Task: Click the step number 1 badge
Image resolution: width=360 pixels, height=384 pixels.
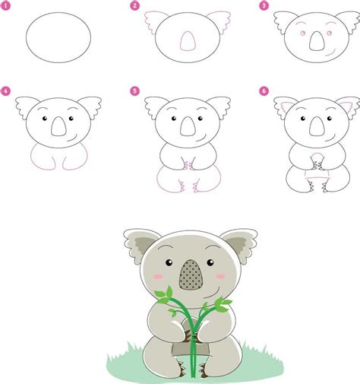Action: (6, 6)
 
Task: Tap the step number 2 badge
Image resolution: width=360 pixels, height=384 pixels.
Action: (134, 6)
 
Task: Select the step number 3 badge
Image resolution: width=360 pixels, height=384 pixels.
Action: (264, 6)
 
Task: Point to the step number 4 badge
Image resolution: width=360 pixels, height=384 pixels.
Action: (6, 92)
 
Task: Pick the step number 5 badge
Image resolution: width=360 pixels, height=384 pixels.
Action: (134, 92)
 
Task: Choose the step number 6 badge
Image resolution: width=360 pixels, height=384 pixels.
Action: (264, 92)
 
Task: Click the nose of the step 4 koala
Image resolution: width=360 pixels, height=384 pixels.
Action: (58, 129)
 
